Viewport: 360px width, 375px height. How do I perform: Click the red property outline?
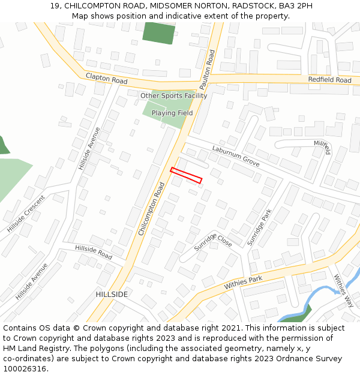(186, 175)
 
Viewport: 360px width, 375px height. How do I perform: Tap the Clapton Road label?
(107, 79)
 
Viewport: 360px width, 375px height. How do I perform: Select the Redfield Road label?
(329, 80)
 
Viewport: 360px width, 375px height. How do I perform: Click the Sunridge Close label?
(213, 242)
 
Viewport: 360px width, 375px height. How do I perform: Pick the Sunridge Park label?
(259, 227)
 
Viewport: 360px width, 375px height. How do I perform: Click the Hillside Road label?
(94, 252)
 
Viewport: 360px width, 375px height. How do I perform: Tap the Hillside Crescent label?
(26, 214)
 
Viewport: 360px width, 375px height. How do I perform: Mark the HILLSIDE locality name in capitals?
(112, 295)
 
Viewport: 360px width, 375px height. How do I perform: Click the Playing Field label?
(172, 113)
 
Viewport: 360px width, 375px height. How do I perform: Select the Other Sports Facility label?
(173, 96)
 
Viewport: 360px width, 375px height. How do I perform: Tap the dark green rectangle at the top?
(159, 32)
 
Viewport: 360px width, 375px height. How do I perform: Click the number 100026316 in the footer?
(24, 369)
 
